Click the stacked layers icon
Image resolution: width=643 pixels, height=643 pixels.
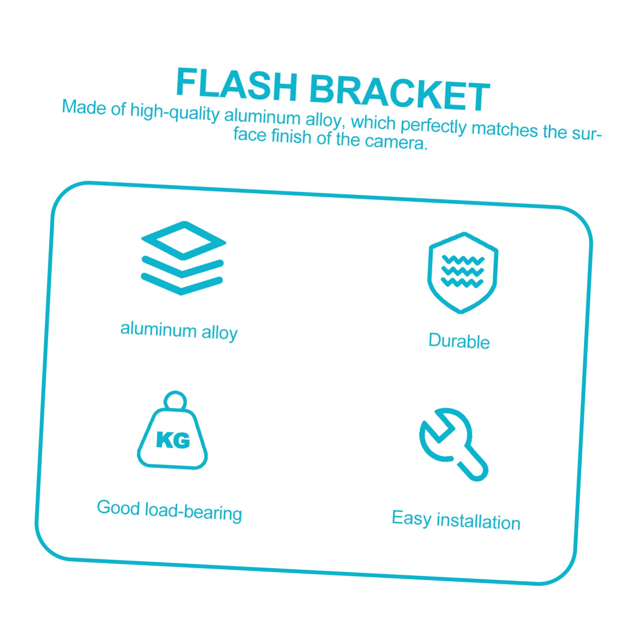pos(183,258)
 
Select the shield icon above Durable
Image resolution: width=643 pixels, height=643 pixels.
pos(463,273)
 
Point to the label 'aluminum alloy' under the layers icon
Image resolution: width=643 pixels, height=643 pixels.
pos(179,331)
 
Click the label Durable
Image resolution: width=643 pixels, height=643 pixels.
pos(459,341)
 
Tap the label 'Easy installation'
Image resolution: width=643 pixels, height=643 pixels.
pos(456,521)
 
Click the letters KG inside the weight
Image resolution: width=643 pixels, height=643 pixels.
pos(173,440)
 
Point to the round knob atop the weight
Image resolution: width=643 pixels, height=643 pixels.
pos(175,400)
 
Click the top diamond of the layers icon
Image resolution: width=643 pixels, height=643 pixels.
pos(183,240)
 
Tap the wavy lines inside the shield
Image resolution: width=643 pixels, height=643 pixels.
pos(463,271)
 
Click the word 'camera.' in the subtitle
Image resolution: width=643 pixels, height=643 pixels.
pos(396,142)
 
